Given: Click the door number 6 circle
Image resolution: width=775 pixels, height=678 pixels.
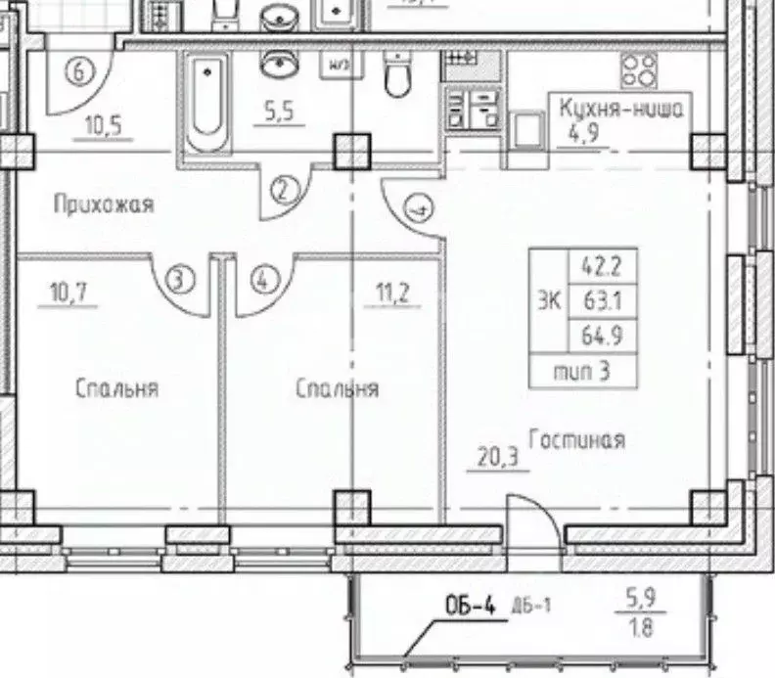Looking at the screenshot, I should [80, 69].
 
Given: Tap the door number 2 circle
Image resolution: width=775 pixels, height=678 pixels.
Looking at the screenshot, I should [283, 190].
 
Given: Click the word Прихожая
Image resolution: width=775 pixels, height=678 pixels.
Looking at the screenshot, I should [104, 204].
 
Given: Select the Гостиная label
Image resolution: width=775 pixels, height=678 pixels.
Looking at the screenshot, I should [576, 440].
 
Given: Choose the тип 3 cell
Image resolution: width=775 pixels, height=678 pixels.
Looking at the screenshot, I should [582, 371].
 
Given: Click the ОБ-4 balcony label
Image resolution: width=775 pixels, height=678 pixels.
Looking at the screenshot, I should [471, 607].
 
